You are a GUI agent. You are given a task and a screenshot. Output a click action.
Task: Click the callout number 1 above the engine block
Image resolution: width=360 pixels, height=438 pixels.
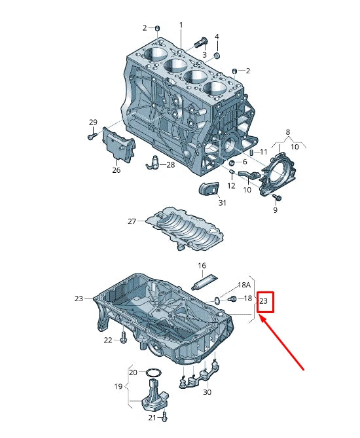coord(181,25)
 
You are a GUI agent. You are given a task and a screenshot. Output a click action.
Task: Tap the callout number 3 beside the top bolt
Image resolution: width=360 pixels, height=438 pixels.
coord(204,55)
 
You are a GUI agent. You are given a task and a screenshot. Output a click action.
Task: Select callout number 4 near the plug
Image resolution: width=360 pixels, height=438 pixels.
coord(217,37)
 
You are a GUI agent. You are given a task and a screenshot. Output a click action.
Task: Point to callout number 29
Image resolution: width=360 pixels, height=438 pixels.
coord(93,122)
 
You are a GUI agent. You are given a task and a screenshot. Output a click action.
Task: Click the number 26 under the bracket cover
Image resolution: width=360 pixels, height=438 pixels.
coord(117,170)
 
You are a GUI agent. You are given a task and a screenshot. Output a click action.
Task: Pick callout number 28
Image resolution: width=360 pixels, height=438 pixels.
coord(170,165)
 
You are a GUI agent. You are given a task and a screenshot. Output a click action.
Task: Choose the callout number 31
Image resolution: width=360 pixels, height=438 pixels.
coord(222,203)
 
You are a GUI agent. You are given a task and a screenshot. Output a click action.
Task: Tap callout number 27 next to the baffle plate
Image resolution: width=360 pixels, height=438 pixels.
coord(132,221)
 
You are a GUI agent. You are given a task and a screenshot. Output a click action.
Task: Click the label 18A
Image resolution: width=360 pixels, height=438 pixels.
coord(244,285)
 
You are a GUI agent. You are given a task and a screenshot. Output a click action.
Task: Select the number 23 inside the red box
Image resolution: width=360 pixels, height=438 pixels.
coord(264,301)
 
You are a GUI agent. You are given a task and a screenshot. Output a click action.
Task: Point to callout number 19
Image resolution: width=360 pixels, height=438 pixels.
coord(118,386)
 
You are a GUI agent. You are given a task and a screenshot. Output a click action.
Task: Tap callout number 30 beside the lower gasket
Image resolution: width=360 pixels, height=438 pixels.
coord(207,392)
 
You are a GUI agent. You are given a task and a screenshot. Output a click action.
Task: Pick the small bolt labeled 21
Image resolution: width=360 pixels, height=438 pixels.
coord(166,416)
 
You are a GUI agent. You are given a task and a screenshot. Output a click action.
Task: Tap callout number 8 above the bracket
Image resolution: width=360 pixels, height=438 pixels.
coord(287,133)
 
